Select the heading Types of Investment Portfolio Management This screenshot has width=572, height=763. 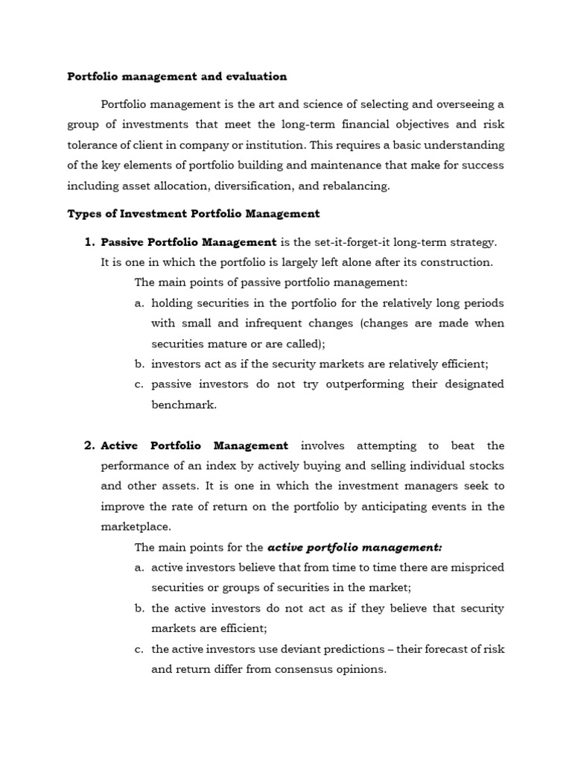(x=194, y=214)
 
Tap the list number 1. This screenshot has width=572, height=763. (x=89, y=242)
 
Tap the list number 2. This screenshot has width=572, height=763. (x=89, y=446)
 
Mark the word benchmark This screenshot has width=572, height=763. (x=183, y=405)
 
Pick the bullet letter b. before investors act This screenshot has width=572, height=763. (x=139, y=364)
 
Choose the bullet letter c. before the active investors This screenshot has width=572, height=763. (x=139, y=649)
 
